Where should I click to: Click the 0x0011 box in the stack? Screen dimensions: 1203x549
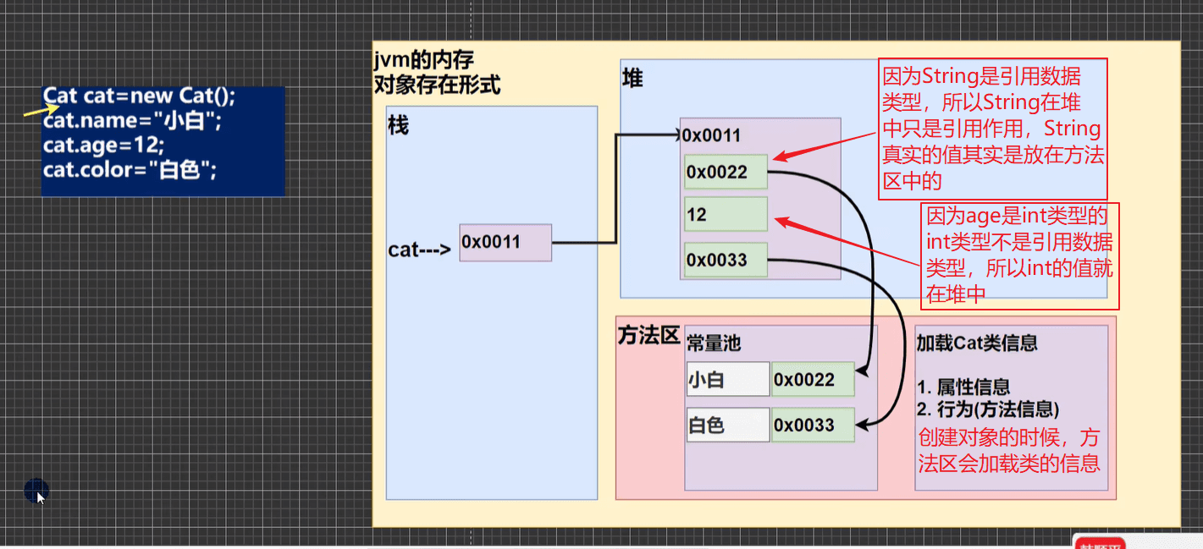[505, 243]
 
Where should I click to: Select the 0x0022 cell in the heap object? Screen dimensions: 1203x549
[726, 172]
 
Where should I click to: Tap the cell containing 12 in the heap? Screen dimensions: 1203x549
[726, 214]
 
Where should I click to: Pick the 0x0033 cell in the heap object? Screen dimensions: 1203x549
[726, 260]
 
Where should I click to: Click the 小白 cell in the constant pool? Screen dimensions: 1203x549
[728, 380]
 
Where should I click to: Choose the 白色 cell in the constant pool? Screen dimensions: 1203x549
[728, 425]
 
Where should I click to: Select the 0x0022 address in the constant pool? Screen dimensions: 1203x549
[813, 380]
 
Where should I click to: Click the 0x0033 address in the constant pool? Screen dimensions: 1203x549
[813, 425]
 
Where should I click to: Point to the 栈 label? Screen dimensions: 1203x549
[399, 125]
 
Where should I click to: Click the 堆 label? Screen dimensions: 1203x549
[632, 79]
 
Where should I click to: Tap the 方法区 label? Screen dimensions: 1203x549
[648, 336]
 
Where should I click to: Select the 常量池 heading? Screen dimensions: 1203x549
[714, 343]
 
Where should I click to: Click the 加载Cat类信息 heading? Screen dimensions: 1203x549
[977, 343]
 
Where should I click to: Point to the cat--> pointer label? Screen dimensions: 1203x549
[419, 250]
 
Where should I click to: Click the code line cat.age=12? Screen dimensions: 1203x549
[103, 145]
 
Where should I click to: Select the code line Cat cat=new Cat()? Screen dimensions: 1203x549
[139, 96]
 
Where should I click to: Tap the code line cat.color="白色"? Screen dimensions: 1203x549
[130, 170]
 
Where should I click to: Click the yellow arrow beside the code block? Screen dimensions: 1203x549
[41, 111]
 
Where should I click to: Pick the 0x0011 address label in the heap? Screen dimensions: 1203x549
[711, 135]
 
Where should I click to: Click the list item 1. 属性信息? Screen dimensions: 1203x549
[963, 387]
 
